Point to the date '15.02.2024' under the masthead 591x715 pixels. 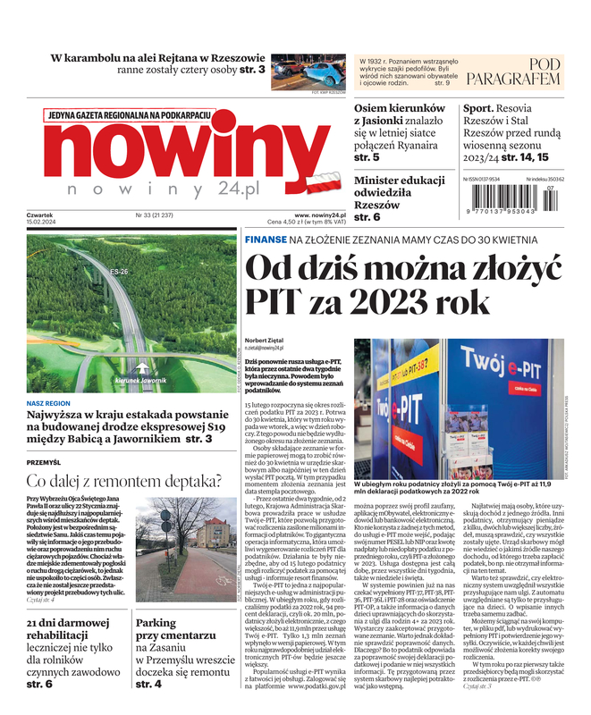point(41,223)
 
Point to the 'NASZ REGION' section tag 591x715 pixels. point(48,403)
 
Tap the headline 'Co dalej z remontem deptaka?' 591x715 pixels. point(124,482)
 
